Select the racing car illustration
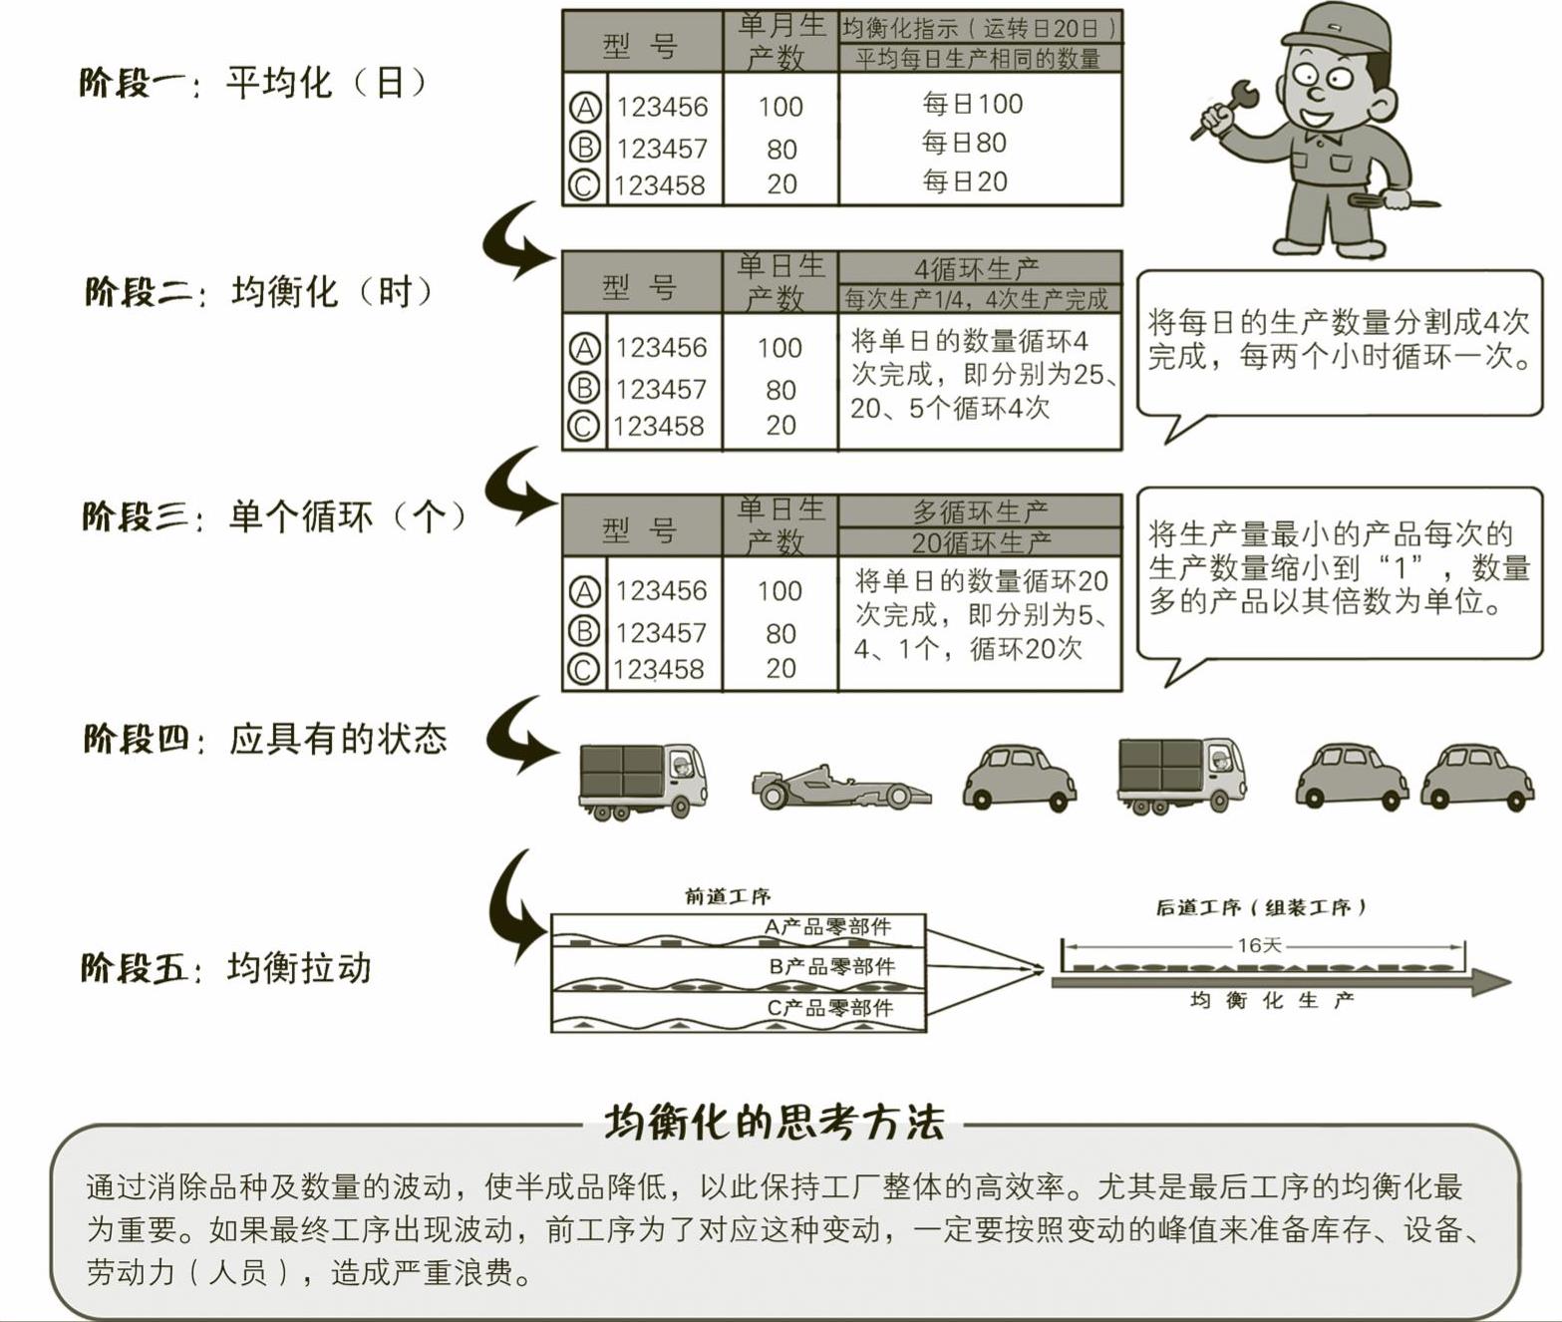pyautogui.click(x=841, y=788)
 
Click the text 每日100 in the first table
pyautogui.click(x=972, y=104)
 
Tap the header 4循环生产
pyautogui.click(x=977, y=268)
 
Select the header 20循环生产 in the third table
pyautogui.click(x=981, y=542)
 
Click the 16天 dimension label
pyautogui.click(x=1260, y=945)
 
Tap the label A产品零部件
pyautogui.click(x=827, y=927)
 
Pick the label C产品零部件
pyautogui.click(x=829, y=1007)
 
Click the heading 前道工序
pyautogui.click(x=728, y=896)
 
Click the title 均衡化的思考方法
pyautogui.click(x=775, y=1124)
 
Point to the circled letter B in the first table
pyautogui.click(x=584, y=147)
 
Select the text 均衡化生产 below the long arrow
pyautogui.click(x=1272, y=1000)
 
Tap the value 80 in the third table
pyautogui.click(x=781, y=633)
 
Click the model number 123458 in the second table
pyautogui.click(x=658, y=427)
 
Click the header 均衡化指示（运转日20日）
pyautogui.click(x=980, y=29)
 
